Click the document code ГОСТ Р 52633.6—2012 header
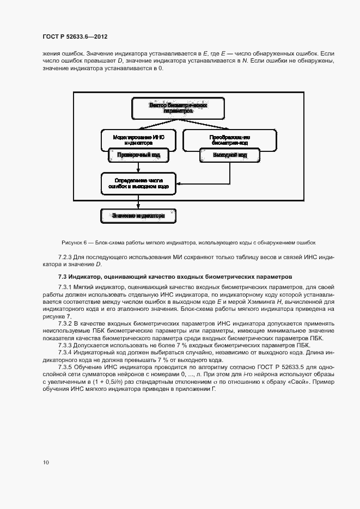75,37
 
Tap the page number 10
45,463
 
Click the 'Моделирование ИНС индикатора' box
139,140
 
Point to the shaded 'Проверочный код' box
139,155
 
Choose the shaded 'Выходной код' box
222,155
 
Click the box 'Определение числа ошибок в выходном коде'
138,183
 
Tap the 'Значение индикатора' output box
138,216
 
